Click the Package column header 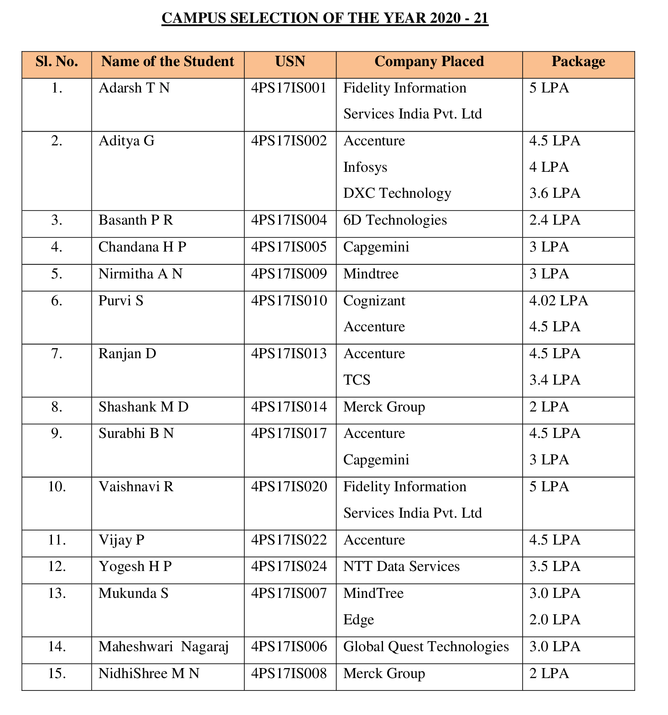(578, 62)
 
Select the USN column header (290, 62)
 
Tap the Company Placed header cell (429, 62)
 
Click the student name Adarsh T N (134, 88)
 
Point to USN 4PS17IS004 (289, 221)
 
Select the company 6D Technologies (395, 221)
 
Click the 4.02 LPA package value (559, 301)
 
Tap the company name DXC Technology (397, 194)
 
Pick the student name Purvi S (121, 301)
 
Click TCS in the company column (357, 380)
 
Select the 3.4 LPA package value (554, 380)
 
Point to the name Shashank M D (144, 407)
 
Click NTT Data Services (401, 567)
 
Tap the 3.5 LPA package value (554, 567)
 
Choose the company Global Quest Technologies (426, 647)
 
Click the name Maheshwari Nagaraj (164, 647)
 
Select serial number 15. (57, 674)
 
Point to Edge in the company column (358, 620)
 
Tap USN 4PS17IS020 (289, 487)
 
